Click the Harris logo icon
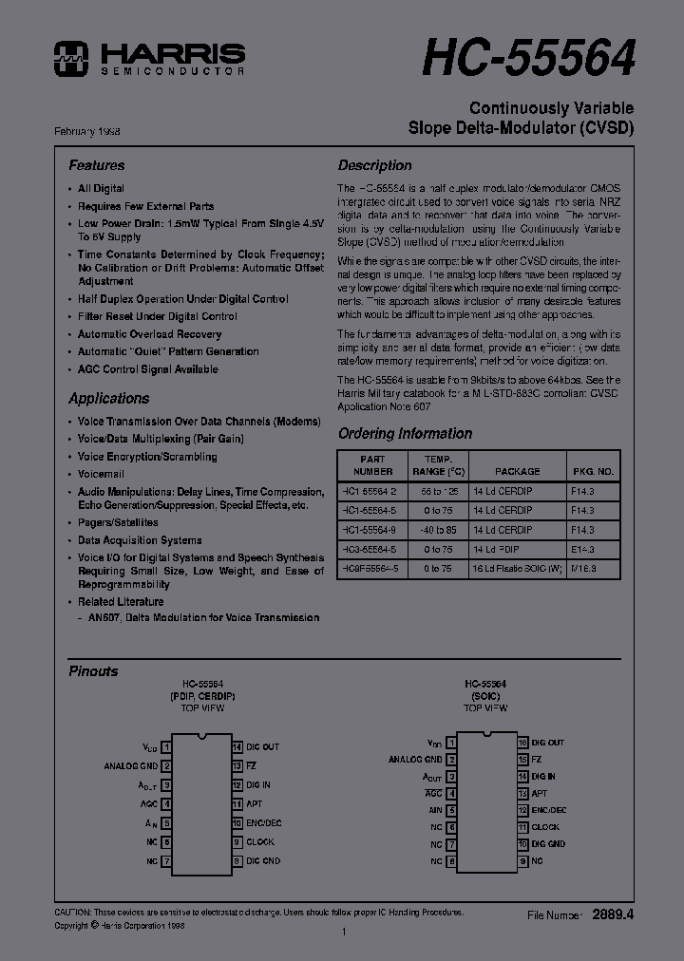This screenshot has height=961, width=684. tap(72, 58)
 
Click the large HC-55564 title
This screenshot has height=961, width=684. tap(526, 59)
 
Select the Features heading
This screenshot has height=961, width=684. tap(96, 165)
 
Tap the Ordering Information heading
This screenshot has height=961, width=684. tap(405, 434)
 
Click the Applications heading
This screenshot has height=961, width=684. tap(108, 399)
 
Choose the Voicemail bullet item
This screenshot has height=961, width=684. tap(101, 474)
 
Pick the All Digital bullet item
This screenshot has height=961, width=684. tap(101, 189)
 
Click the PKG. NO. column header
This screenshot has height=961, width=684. tap(594, 471)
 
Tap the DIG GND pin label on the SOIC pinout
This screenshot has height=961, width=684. tap(547, 843)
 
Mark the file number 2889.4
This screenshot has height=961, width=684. tap(612, 914)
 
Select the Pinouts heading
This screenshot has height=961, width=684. tap(93, 671)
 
